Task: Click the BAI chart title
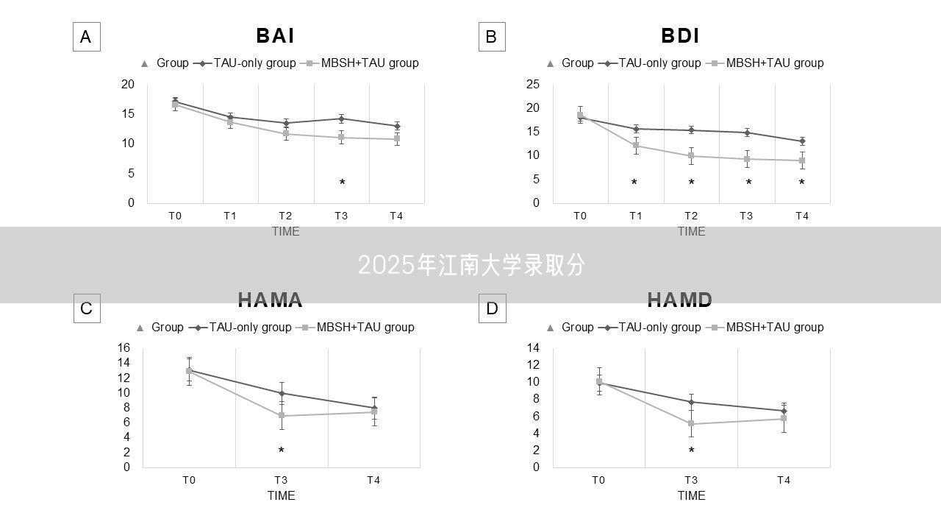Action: click(275, 35)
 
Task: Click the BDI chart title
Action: click(680, 35)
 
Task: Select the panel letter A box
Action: click(86, 37)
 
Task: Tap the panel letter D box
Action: click(492, 308)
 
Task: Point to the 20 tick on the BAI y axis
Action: click(128, 85)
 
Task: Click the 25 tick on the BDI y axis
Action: click(534, 85)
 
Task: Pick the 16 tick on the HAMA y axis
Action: click(124, 347)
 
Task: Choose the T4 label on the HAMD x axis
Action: click(784, 480)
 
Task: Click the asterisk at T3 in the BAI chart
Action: click(342, 183)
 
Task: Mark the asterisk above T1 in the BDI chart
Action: click(634, 183)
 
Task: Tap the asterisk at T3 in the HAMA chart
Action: click(281, 451)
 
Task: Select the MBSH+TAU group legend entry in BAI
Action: click(362, 63)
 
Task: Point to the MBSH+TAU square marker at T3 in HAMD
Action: click(691, 423)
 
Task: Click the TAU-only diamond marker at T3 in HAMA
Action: click(282, 393)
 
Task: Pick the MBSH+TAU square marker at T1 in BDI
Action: click(636, 145)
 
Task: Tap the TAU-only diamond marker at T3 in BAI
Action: click(341, 119)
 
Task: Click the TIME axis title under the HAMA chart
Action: click(281, 495)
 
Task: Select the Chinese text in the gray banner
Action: click(471, 265)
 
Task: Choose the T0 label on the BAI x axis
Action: click(174, 216)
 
